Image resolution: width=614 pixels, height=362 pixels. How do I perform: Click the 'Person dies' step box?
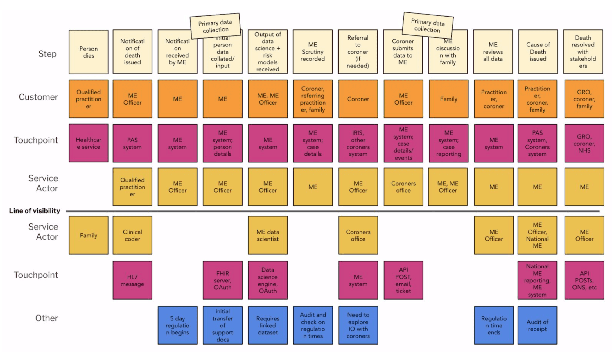coord(89,52)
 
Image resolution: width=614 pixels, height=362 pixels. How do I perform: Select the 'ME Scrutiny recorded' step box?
coord(313,52)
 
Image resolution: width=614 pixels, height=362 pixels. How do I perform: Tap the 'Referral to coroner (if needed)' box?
coord(358,52)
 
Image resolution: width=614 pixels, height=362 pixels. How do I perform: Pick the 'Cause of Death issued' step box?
coord(538,52)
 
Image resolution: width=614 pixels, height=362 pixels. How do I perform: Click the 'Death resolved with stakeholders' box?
coord(583,52)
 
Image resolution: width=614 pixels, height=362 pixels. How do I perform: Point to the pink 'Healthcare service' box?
coord(89,143)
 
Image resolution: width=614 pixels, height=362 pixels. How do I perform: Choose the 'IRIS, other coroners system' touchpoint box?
coord(358,143)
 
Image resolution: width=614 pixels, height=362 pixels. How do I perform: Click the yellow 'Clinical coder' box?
coord(132,235)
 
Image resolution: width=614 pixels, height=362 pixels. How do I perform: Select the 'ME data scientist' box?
coord(267,235)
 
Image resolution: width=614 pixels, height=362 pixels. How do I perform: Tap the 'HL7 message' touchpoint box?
coord(132,280)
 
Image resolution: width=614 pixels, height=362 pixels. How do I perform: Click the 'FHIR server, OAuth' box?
coord(222,280)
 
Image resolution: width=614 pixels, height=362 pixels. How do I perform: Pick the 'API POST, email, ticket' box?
coord(403,280)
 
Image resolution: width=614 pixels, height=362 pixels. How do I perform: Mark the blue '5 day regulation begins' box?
coord(177,325)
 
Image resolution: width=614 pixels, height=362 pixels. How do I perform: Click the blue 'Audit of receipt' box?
coord(537,325)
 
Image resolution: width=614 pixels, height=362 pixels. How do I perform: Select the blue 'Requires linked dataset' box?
coord(267,325)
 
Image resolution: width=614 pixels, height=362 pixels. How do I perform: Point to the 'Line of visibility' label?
coord(35,211)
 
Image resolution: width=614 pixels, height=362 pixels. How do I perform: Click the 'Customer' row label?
coord(38,97)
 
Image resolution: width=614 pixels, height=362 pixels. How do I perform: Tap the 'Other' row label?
coord(46,318)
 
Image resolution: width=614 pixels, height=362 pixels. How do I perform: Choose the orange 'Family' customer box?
coord(448,99)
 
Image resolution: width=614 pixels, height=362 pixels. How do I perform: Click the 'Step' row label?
coord(47,54)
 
